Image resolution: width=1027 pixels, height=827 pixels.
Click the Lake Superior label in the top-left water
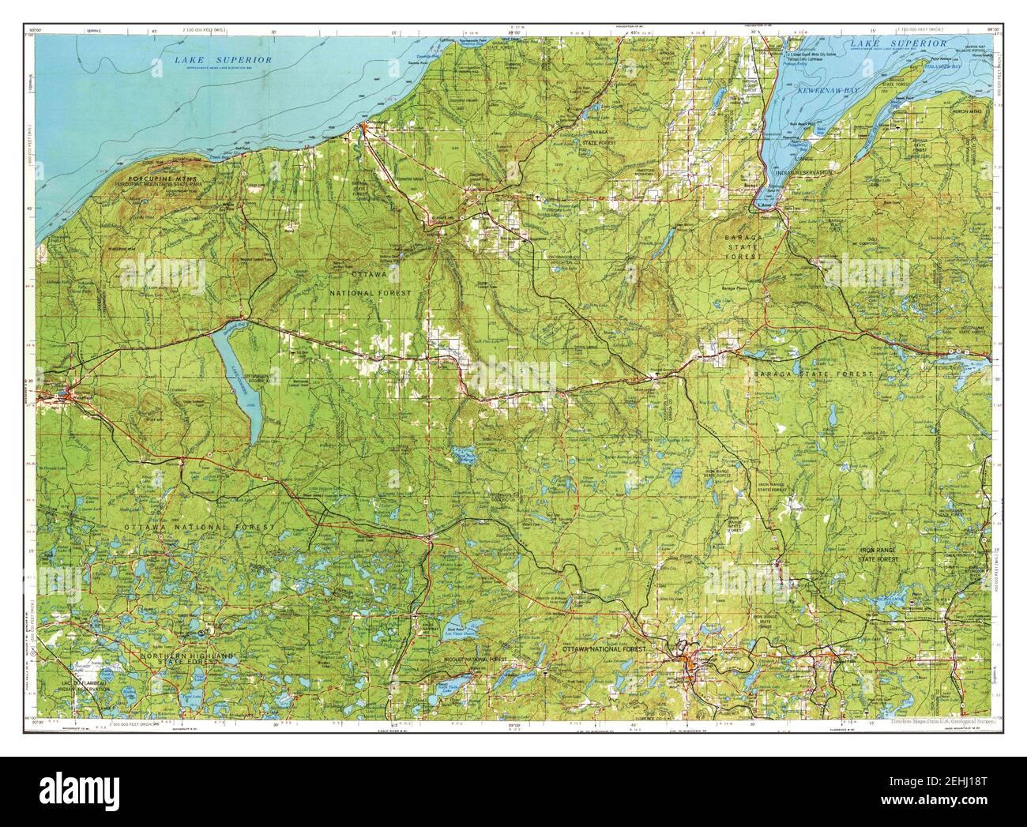coord(224,60)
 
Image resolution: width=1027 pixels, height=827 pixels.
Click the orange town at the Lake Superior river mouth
coord(363,126)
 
